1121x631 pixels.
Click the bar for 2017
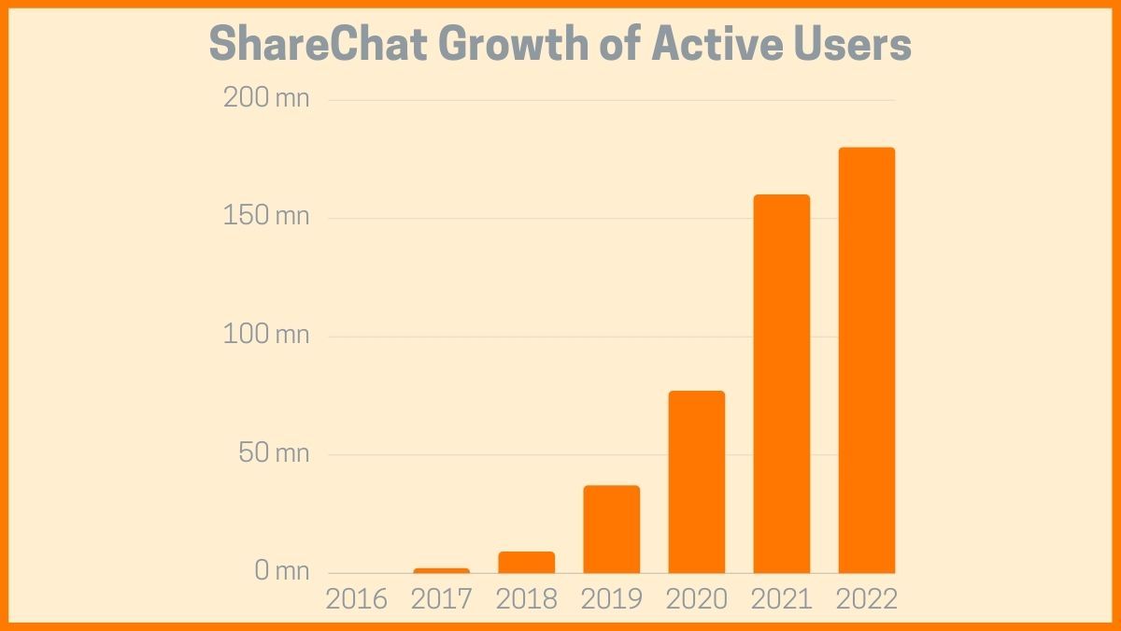point(442,570)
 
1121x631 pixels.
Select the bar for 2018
point(527,562)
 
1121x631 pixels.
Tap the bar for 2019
point(612,529)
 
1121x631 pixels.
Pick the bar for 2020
point(697,481)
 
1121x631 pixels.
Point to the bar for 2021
point(782,383)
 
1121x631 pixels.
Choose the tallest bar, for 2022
point(867,360)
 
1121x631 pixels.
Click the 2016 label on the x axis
point(356,599)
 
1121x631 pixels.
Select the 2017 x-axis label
point(442,599)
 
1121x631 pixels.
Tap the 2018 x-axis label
point(527,599)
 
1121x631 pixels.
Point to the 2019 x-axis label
point(612,599)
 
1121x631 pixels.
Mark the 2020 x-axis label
point(697,599)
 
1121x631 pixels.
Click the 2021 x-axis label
point(782,599)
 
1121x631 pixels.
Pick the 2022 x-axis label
point(867,599)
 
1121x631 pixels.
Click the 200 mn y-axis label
point(266,97)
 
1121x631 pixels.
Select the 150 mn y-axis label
point(267,216)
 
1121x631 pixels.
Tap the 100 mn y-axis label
point(266,334)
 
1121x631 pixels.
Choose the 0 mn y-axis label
point(281,570)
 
